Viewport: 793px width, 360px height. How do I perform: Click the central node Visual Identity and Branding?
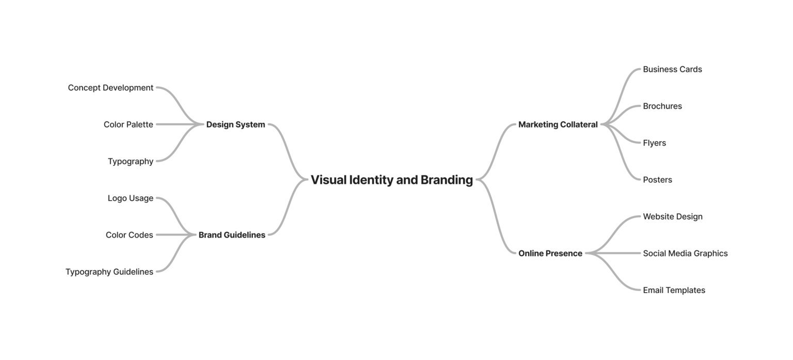(391, 180)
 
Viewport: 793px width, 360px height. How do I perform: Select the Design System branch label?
(235, 124)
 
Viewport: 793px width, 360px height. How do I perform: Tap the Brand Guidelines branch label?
(232, 235)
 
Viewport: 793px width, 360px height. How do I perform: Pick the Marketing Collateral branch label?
(558, 124)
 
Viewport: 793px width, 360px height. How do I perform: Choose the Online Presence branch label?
(550, 253)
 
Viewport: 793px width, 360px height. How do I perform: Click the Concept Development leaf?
(110, 88)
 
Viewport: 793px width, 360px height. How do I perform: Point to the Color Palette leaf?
(128, 124)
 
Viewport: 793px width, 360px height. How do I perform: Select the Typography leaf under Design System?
(130, 161)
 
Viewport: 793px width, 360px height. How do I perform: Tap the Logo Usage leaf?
(130, 198)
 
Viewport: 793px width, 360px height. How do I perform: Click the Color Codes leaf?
(129, 235)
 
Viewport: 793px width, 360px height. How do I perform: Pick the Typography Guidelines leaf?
(109, 272)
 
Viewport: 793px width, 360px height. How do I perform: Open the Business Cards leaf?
(672, 69)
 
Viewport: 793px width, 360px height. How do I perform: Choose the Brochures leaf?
(662, 106)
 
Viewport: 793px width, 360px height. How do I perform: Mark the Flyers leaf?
(654, 143)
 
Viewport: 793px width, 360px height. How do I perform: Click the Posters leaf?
(657, 180)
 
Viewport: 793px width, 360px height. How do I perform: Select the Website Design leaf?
(672, 216)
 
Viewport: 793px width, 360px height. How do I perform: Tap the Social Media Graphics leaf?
(685, 253)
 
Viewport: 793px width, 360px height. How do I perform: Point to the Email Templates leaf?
(674, 290)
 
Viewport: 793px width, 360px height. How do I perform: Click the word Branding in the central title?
(447, 180)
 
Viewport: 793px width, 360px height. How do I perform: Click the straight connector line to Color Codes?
(173, 235)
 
